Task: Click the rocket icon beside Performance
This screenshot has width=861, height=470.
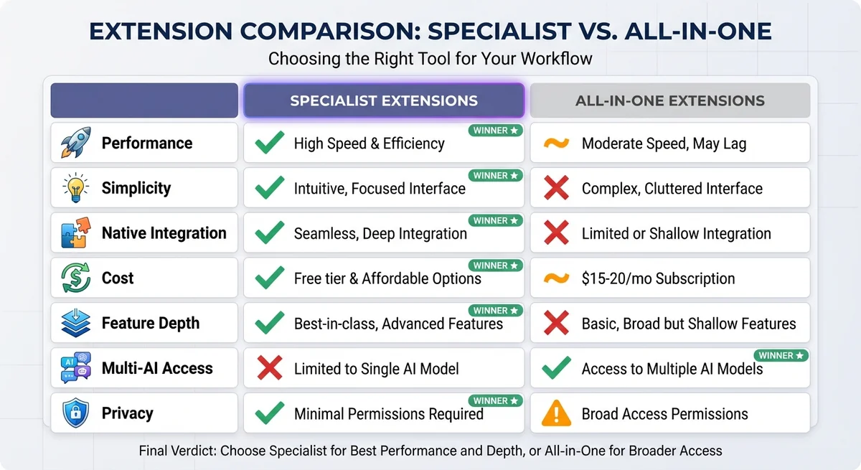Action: [x=75, y=143]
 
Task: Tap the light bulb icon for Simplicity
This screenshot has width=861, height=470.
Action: [x=75, y=188]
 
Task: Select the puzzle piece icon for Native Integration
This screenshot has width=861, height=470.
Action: [x=75, y=233]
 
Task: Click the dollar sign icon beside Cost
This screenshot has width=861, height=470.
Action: [x=75, y=278]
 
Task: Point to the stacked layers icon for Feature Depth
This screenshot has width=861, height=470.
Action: [x=75, y=323]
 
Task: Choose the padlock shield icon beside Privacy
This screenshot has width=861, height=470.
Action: [x=75, y=413]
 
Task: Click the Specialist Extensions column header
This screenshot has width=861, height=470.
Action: [x=384, y=100]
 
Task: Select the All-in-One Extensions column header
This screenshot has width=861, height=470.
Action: [x=670, y=100]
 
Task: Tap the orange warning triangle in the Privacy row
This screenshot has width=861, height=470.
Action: [x=556, y=413]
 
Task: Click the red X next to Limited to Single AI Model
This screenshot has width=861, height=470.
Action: [x=269, y=369]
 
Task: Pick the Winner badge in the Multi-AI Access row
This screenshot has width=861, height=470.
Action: [x=781, y=355]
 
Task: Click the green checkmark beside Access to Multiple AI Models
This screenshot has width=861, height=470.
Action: [x=556, y=369]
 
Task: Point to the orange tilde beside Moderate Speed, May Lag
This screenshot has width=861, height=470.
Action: [x=556, y=143]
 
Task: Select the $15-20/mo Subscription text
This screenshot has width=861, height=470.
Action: [x=658, y=278]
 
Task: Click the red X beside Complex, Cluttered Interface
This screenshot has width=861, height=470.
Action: [x=556, y=189]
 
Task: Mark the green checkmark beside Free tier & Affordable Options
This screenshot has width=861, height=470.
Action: [x=269, y=278]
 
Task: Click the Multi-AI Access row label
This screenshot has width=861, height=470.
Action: [x=157, y=369]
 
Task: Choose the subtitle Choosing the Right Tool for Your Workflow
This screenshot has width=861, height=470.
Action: [x=430, y=58]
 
